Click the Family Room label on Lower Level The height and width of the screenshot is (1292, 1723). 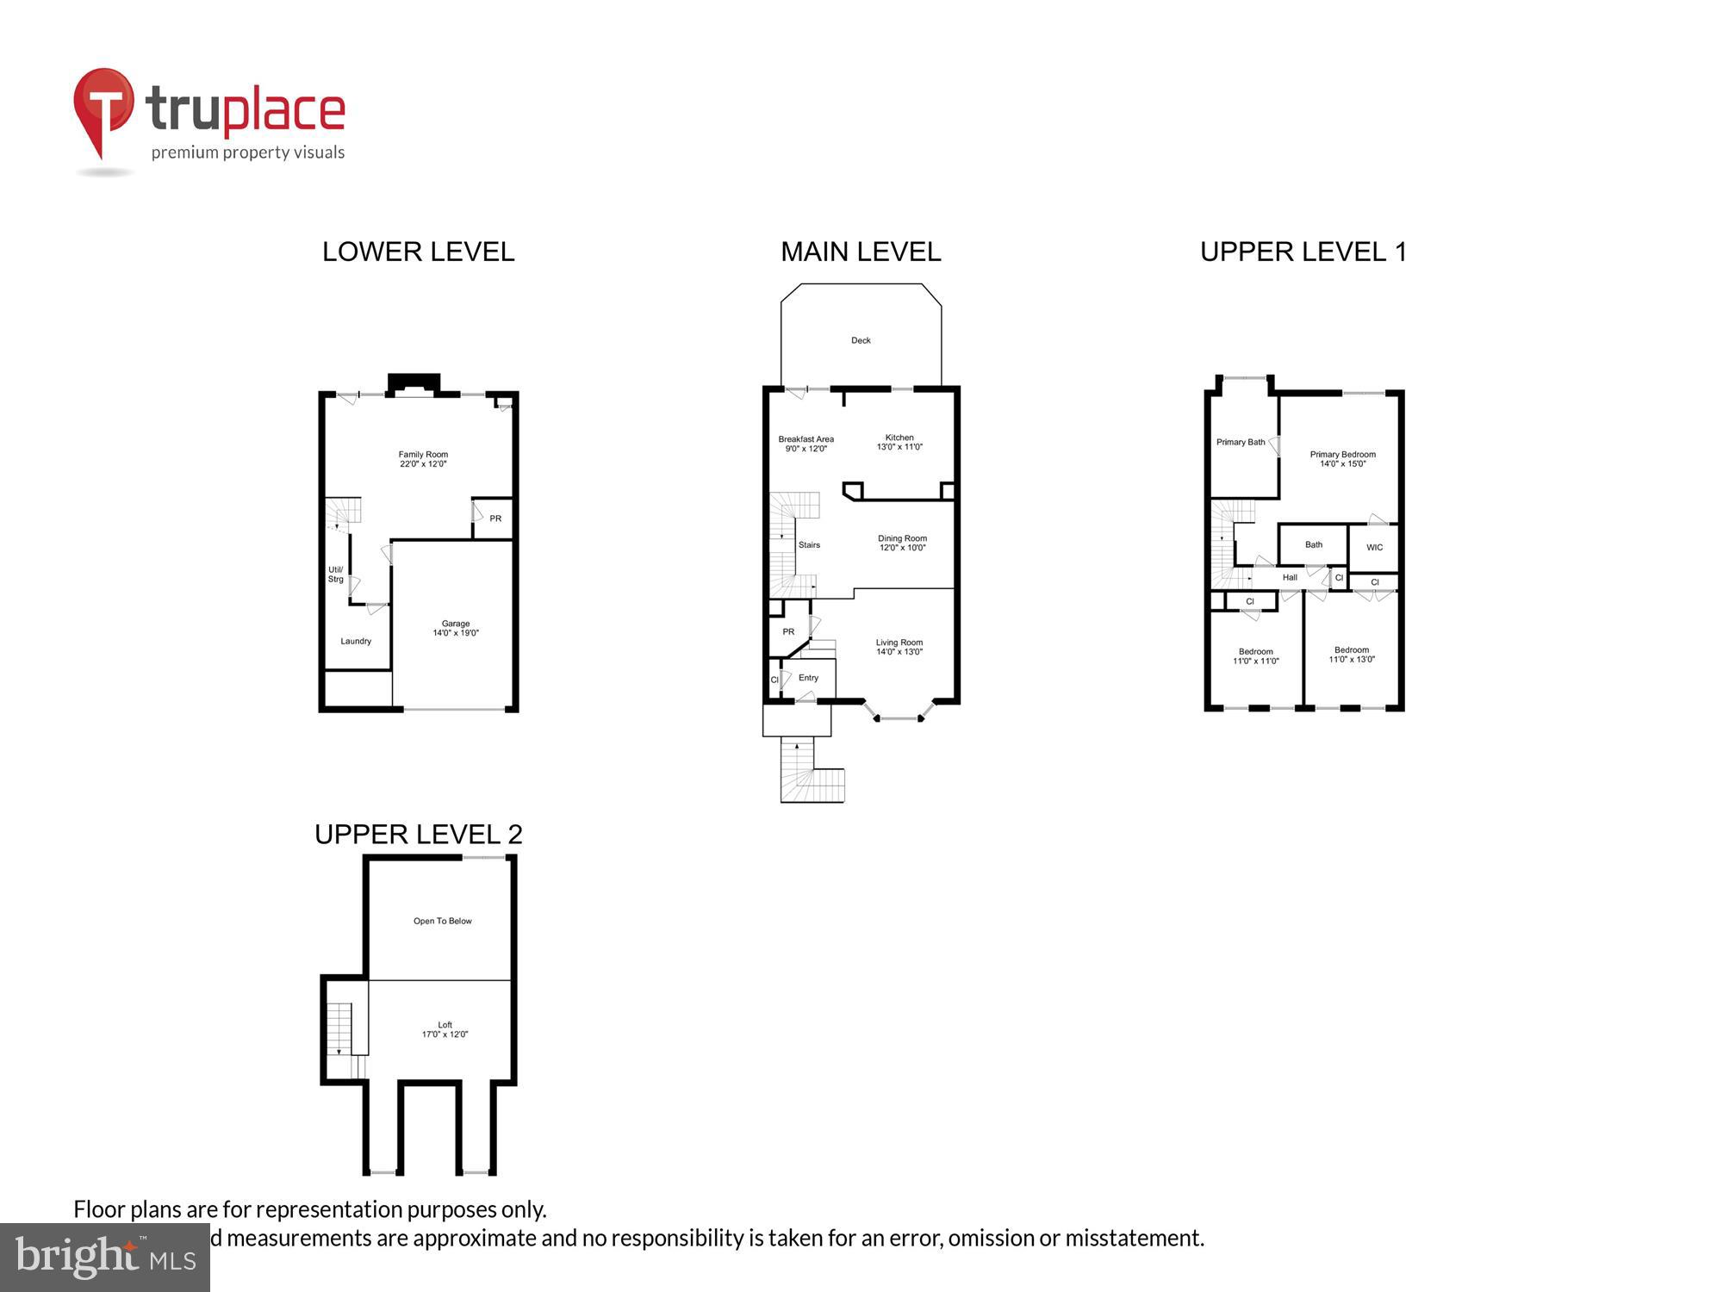[423, 459]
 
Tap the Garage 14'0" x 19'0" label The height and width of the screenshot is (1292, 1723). [456, 628]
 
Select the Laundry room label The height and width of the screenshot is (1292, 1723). [356, 641]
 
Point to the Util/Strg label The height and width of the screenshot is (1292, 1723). [336, 575]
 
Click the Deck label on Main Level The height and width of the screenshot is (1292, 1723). [861, 340]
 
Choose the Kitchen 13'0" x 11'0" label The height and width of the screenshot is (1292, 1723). [899, 442]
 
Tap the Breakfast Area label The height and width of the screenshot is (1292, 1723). [806, 444]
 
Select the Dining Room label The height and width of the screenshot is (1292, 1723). [902, 543]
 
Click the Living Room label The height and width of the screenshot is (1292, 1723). [899, 647]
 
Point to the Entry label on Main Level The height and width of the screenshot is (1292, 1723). [808, 678]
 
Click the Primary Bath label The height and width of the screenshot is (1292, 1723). [1241, 442]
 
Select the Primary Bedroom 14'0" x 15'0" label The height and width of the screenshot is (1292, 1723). [1342, 459]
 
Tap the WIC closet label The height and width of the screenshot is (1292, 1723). [1374, 547]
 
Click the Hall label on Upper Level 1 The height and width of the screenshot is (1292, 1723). [1290, 577]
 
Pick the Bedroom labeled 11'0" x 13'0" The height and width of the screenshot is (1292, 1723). [1352, 655]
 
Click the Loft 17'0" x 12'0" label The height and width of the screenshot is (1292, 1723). [445, 1029]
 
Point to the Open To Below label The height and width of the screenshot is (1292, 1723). [443, 921]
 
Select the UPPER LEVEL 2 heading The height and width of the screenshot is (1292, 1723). [419, 834]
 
